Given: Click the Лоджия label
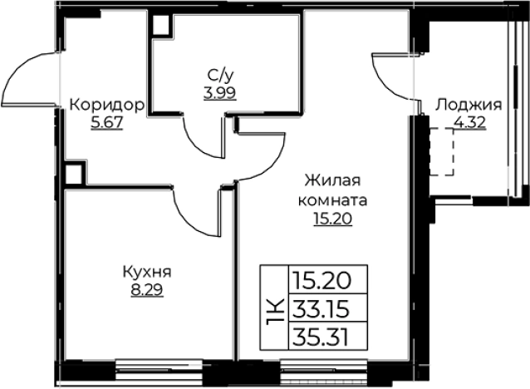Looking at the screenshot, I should pyautogui.click(x=469, y=106).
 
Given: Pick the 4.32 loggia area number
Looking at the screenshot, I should pyautogui.click(x=469, y=123).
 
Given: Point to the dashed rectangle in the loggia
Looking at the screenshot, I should pyautogui.click(x=442, y=150).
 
